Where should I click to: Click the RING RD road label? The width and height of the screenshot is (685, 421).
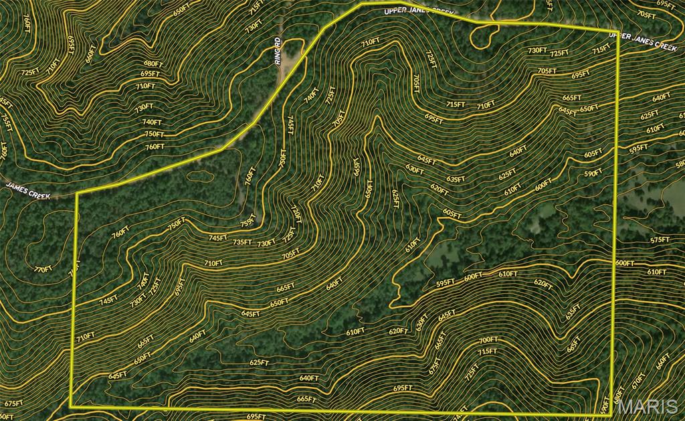(278, 52)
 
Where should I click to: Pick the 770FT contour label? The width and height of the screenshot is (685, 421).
(42, 269)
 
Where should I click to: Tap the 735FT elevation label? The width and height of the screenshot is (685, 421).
(242, 242)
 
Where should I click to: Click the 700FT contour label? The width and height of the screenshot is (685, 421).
(488, 340)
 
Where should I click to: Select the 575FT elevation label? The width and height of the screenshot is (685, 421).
(660, 240)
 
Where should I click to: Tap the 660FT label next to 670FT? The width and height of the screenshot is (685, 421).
(662, 361)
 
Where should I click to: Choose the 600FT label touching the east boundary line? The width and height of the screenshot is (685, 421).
(624, 263)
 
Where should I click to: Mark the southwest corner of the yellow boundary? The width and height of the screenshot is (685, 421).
(71, 406)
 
